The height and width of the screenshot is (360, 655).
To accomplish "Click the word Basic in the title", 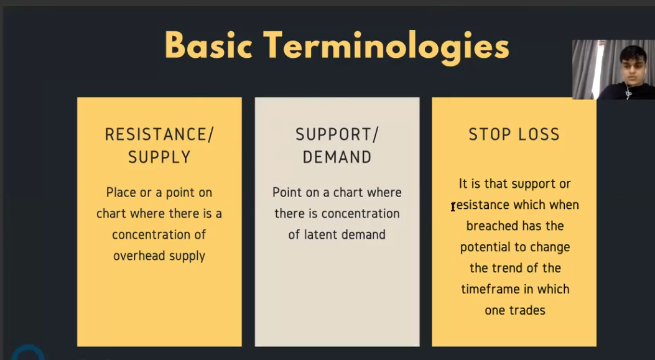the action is coord(208,45).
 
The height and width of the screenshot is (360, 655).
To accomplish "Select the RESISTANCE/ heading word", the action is coord(159,134).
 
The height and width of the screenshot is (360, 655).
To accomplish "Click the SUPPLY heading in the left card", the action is coord(159,157).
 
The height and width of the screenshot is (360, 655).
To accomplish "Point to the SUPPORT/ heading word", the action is coord(337,134).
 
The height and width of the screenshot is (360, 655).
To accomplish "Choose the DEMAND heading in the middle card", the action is coord(337,157).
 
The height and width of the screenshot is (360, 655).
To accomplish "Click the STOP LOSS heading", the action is coord(514,134).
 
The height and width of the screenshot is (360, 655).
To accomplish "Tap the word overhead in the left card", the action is coord(139,255).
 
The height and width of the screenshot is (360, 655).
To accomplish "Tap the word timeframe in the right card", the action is coord(486,288).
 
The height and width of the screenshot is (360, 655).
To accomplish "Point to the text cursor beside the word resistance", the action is coord(453,206).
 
